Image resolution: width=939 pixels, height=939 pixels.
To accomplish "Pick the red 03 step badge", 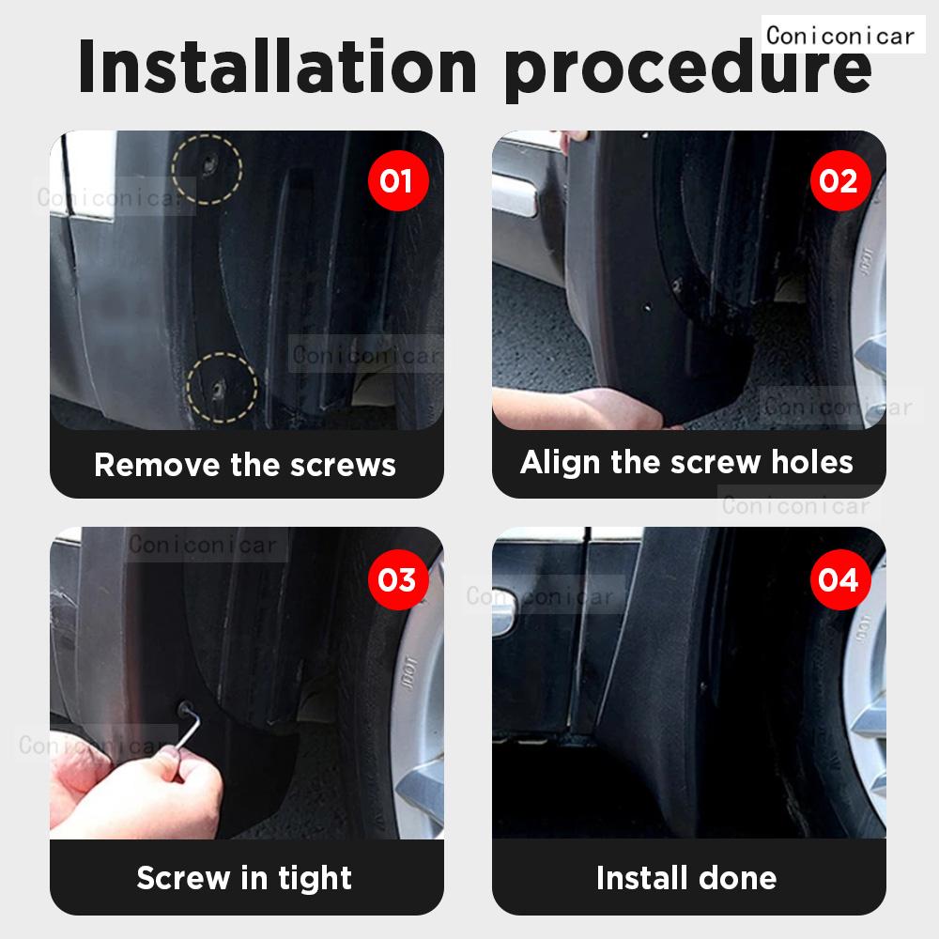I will pos(395,579).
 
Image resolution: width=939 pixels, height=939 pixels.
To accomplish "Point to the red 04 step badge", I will pos(838,579).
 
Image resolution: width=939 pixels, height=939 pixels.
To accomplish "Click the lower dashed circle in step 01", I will pos(222,386).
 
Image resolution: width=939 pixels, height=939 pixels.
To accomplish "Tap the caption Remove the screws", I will pos(245,465).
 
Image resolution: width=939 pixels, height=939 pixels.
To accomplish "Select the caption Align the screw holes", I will pos(686,462).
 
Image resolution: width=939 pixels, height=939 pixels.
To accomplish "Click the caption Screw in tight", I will pos(244,878).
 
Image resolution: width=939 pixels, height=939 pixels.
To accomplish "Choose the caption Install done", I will pos(686,878).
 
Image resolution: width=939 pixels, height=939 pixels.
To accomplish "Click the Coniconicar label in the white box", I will pos(839,36).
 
